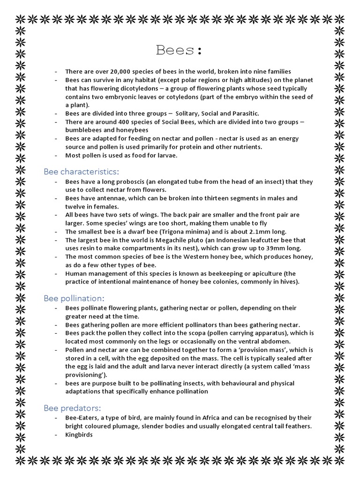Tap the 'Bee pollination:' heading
tap(74, 298)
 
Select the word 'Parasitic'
tap(243, 113)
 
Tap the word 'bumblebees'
tap(83, 130)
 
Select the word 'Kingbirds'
tap(79, 435)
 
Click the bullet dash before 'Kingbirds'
tap(56, 435)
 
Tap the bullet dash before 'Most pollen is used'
tap(56, 156)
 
